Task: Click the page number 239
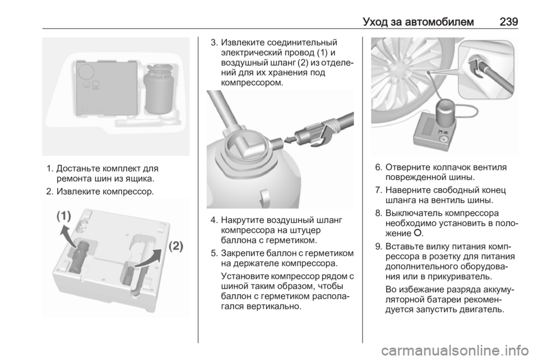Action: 509,22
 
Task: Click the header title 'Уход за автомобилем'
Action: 418,22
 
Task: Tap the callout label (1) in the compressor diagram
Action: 64,216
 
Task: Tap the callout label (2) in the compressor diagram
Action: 176,246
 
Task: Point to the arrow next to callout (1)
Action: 68,236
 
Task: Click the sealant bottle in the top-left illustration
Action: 159,89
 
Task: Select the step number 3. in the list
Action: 215,43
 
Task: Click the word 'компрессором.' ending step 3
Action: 252,82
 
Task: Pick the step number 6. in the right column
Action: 379,168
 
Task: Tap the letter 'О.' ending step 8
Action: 419,233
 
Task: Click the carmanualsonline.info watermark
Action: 455,350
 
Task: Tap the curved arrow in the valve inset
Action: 475,67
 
